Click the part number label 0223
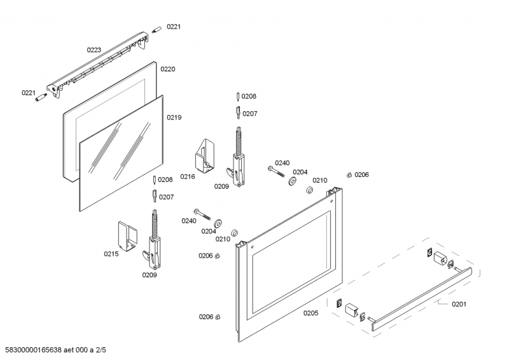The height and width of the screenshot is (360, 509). point(94,49)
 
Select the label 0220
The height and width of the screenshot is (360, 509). point(167,69)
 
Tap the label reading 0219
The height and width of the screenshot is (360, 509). point(174,118)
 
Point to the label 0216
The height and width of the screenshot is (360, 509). point(188,177)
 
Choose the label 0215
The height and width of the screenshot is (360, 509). point(111,254)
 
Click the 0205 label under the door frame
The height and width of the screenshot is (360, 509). point(310,312)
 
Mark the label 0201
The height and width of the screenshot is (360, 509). point(459,304)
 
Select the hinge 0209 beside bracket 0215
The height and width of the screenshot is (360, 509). point(154,242)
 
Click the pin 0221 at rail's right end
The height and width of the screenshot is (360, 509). point(157,29)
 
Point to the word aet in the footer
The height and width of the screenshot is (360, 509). point(82,350)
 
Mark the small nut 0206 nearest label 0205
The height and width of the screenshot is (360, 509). point(218,317)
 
